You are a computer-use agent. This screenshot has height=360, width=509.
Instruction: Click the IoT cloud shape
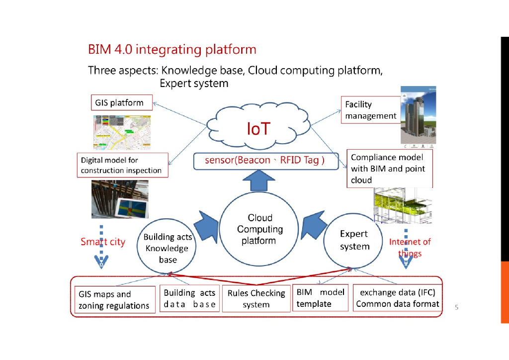click(258, 129)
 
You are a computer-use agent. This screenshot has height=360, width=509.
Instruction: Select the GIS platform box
click(119, 103)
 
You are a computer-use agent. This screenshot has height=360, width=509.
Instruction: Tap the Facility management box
click(371, 110)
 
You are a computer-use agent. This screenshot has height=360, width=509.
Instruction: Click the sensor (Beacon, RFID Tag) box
click(264, 161)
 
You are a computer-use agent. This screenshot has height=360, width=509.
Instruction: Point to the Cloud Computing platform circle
click(259, 229)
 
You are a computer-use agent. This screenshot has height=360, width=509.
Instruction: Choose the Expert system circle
click(354, 240)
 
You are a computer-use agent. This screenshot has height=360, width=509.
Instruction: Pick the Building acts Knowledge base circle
click(167, 248)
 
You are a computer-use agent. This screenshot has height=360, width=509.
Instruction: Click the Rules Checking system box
click(256, 299)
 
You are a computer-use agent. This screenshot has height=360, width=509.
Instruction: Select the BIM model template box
click(320, 298)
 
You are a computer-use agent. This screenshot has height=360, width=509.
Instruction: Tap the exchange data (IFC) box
click(398, 298)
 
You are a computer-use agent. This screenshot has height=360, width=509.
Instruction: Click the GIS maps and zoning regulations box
click(114, 300)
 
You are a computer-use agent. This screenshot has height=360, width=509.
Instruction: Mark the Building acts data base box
click(189, 298)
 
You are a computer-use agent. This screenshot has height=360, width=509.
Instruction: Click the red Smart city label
click(103, 242)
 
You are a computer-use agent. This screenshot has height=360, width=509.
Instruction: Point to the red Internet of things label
click(410, 248)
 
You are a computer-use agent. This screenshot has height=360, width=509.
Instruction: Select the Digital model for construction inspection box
click(121, 165)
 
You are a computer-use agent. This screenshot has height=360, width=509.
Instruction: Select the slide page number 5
click(456, 307)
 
